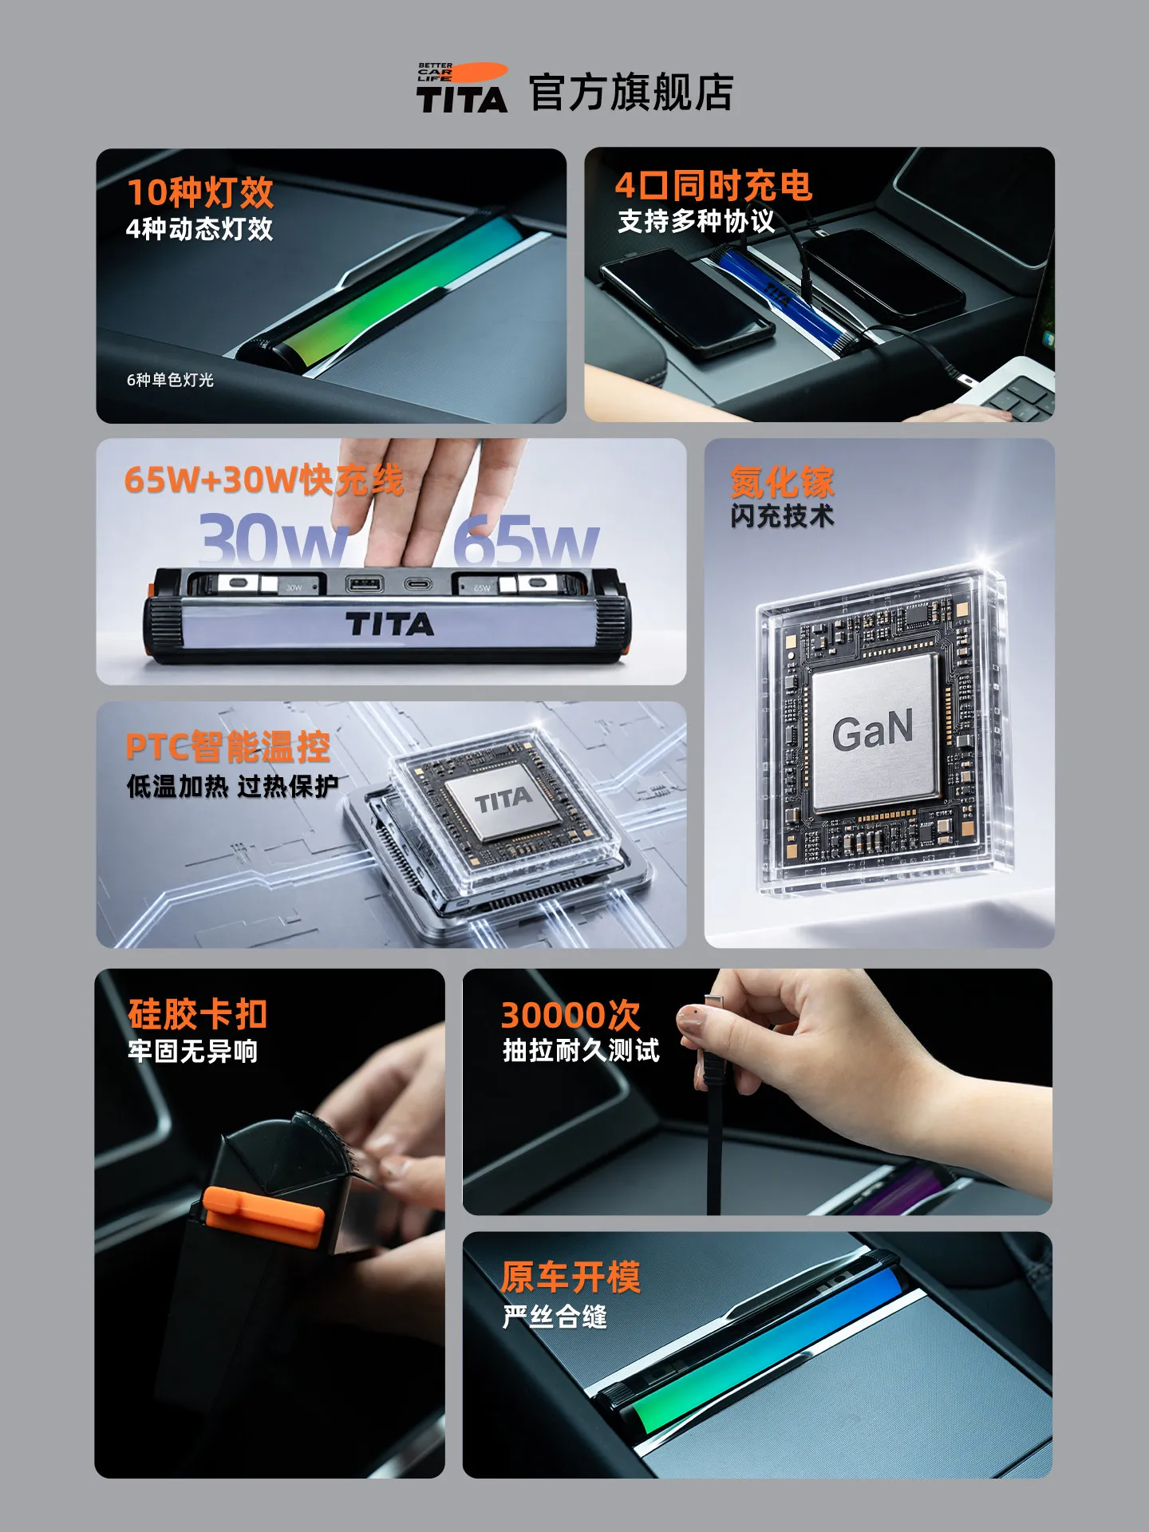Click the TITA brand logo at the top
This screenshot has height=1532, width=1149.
pos(461,88)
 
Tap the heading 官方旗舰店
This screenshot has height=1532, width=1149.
pos(631,93)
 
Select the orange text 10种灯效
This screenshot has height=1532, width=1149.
pos(200,192)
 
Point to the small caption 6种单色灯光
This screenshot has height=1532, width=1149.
pos(170,380)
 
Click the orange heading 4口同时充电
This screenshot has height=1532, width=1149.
pos(713,186)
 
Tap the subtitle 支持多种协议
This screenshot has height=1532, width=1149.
pos(696,221)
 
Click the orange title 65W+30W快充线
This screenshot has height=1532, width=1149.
pos(264,480)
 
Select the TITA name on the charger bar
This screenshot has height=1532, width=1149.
pos(390,624)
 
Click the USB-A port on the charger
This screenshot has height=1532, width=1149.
pos(365,584)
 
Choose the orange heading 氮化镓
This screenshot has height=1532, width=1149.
pos(782,482)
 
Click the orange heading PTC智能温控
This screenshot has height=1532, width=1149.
pos(228,747)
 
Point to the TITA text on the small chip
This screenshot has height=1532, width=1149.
pos(503,800)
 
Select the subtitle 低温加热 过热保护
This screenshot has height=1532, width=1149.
pos(232,787)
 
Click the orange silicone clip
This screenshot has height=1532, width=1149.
pos(263,1215)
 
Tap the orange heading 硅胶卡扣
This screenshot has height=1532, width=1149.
pos(197,1014)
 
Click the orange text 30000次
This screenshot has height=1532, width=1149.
pos(571,1015)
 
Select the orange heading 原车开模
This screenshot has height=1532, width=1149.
pos(571,1277)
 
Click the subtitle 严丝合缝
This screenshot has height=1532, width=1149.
pos(555,1317)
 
